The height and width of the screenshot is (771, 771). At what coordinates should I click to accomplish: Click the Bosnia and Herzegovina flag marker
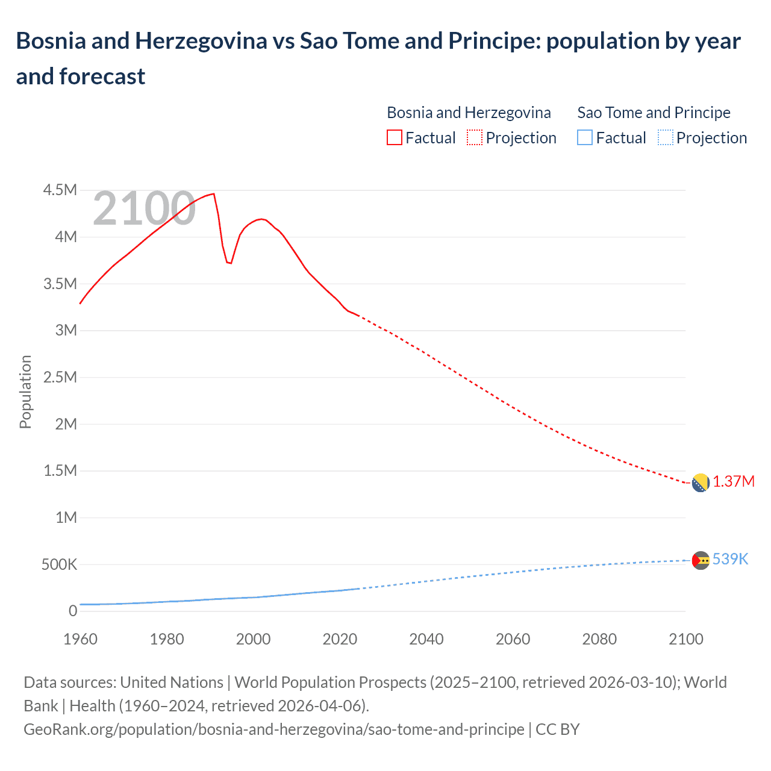700,483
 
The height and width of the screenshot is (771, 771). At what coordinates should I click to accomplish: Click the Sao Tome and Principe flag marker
700,560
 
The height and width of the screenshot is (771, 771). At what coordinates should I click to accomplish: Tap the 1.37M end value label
734,482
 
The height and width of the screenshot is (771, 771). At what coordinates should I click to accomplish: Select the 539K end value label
730,560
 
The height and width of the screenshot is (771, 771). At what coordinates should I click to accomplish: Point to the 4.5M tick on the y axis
60,190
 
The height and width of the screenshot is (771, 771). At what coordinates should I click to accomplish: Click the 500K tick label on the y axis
59,565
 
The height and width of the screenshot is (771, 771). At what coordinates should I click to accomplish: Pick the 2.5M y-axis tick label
60,378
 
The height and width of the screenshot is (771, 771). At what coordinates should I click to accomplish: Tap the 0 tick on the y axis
73,611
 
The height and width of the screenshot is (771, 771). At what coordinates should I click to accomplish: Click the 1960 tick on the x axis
80,639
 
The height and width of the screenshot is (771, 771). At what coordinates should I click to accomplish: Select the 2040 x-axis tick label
426,639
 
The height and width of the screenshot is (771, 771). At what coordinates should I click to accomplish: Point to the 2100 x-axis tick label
686,639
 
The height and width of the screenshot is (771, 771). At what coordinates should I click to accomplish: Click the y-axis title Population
25,392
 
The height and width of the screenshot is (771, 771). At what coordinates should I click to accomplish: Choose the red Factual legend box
395,138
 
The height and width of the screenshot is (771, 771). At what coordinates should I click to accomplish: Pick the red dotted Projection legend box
475,138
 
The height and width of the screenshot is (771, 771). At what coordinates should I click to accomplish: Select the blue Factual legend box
585,138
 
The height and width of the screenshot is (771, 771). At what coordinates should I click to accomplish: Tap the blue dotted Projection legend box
665,138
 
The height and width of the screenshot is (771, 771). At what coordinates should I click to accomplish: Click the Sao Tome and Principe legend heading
654,113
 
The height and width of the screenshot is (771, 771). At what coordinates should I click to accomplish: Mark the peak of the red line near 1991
214,194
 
